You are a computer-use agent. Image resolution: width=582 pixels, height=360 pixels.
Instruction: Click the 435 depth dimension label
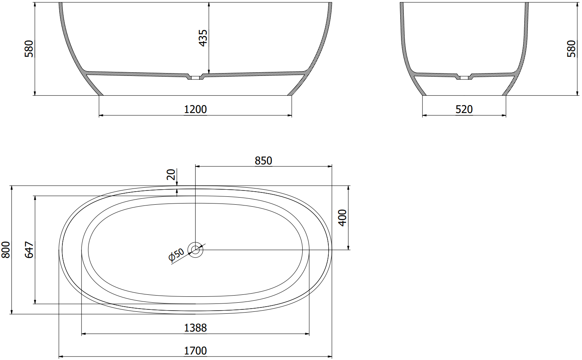click(x=203, y=38)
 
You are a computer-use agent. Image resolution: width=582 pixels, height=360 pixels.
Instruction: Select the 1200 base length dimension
click(x=196, y=109)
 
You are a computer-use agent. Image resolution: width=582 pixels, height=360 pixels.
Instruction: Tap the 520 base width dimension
click(x=464, y=109)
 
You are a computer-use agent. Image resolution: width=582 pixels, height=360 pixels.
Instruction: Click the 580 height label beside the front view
click(x=29, y=49)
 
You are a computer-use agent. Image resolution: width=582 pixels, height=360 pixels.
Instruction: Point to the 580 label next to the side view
click(x=571, y=49)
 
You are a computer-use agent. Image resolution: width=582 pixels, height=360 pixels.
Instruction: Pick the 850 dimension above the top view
click(x=263, y=160)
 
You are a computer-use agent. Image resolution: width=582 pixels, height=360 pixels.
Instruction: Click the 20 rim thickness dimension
click(x=171, y=174)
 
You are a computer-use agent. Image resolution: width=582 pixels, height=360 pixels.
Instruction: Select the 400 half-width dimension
click(x=343, y=218)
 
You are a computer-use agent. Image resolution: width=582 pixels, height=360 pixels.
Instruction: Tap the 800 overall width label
click(x=6, y=250)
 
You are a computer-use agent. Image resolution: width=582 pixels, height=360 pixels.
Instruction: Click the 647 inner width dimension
click(x=29, y=250)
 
